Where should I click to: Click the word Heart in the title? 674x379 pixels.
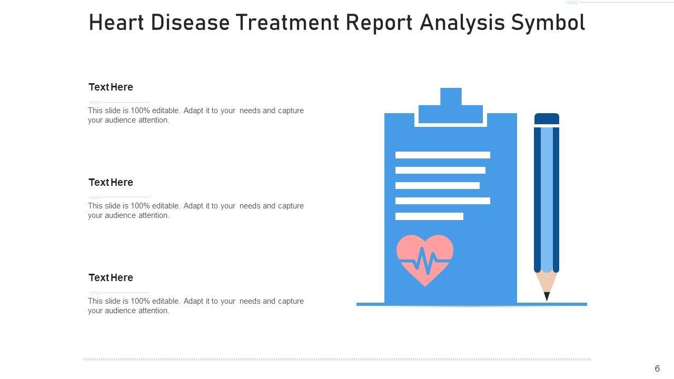click(116, 23)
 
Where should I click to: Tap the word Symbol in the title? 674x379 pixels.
click(548, 23)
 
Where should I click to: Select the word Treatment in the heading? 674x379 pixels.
click(288, 23)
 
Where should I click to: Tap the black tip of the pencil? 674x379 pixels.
click(547, 296)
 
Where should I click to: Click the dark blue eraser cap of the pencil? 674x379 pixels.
click(547, 118)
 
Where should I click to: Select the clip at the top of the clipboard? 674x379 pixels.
click(451, 106)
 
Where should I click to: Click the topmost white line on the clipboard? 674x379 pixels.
click(443, 155)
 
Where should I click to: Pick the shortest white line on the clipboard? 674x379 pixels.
click(429, 216)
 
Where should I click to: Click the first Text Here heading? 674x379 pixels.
click(111, 87)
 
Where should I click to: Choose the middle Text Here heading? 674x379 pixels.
click(111, 182)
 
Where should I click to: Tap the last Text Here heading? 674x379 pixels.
click(111, 277)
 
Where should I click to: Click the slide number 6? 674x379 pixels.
click(657, 368)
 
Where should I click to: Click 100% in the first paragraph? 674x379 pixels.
click(140, 111)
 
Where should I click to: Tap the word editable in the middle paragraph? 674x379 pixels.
click(166, 206)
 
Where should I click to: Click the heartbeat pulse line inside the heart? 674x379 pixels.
click(425, 261)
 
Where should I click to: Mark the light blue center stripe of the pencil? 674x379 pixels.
click(547, 198)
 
